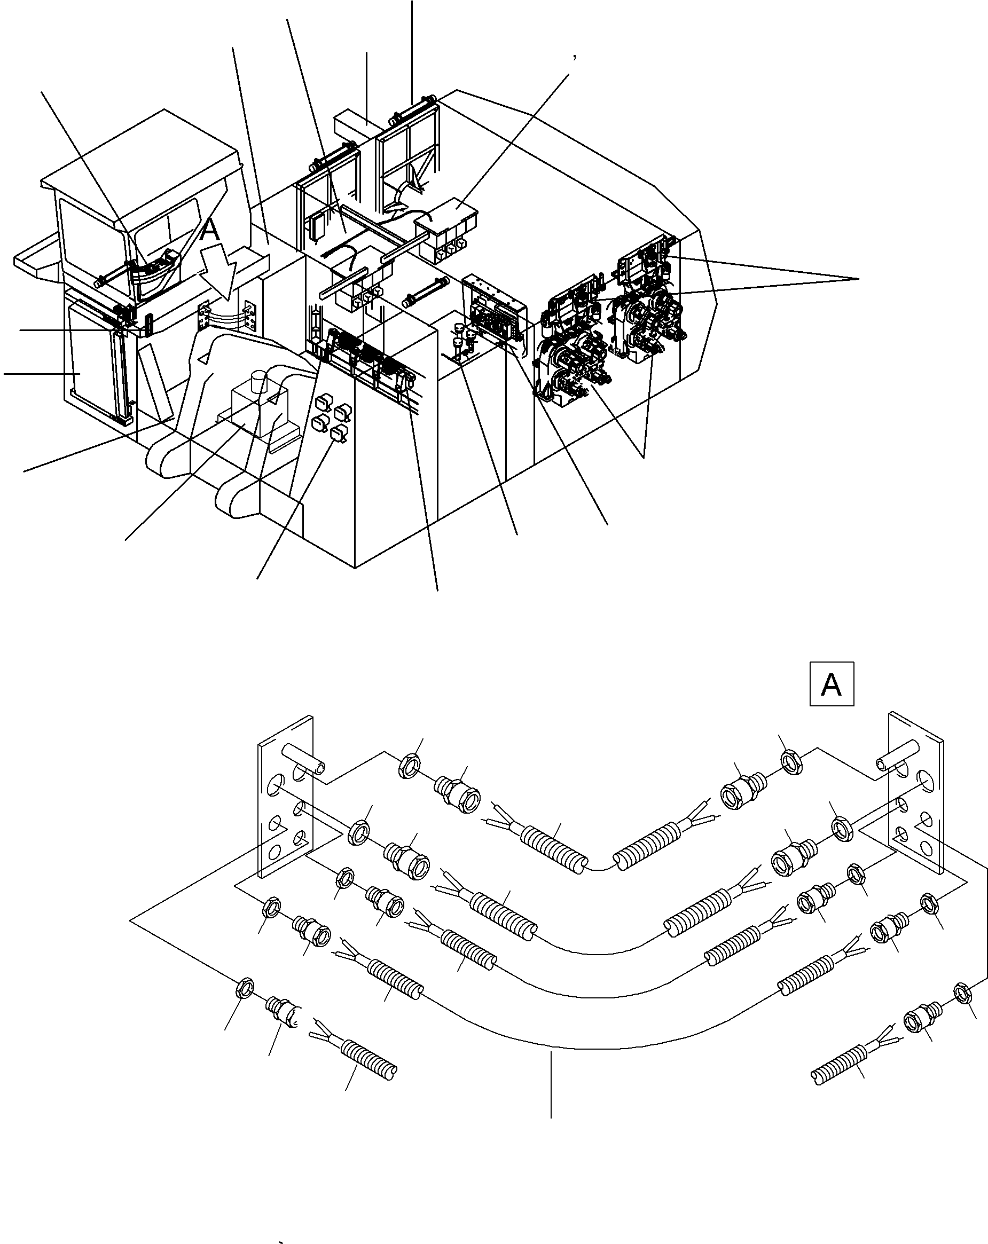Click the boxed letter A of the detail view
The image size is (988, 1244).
(x=832, y=684)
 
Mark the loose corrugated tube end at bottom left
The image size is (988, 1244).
(x=370, y=1057)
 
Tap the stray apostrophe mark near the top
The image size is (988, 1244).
(x=574, y=57)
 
